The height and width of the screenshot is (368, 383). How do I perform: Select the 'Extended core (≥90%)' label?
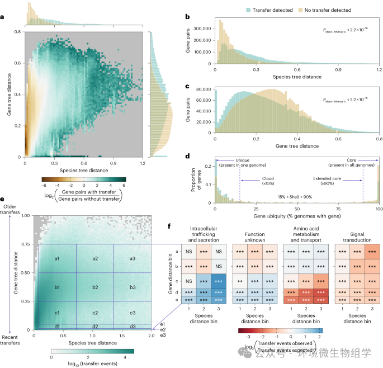(342, 181)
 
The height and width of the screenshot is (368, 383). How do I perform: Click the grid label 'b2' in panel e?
(95, 287)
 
